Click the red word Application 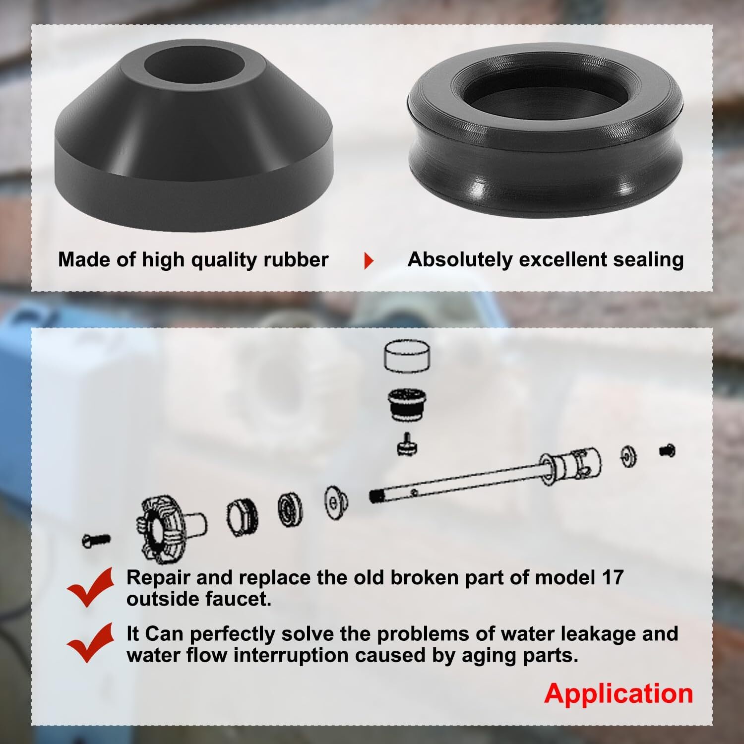[x=618, y=693]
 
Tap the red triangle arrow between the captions [x=369, y=260]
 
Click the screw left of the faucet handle [x=96, y=540]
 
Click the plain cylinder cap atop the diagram [x=407, y=357]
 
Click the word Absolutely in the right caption [x=460, y=259]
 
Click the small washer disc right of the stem [x=628, y=456]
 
